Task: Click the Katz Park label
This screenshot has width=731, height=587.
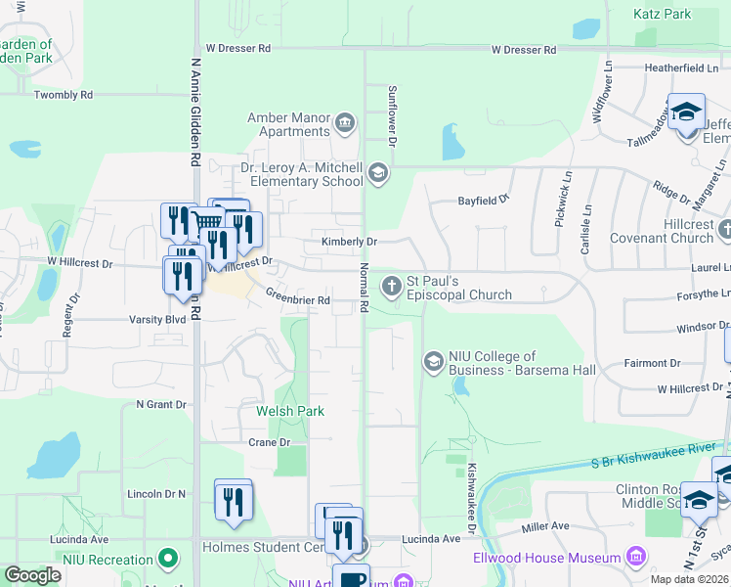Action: click(662, 14)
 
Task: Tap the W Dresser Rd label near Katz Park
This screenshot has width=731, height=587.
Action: click(523, 49)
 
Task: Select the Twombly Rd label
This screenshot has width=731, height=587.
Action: click(63, 95)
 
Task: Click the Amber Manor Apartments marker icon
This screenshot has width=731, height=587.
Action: click(344, 123)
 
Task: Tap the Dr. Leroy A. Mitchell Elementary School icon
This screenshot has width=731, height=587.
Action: click(377, 174)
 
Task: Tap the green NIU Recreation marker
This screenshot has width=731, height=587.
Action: click(167, 560)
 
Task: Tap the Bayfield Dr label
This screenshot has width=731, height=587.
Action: click(485, 200)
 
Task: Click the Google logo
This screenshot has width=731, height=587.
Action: click(32, 575)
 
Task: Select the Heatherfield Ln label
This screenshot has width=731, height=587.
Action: click(680, 68)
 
